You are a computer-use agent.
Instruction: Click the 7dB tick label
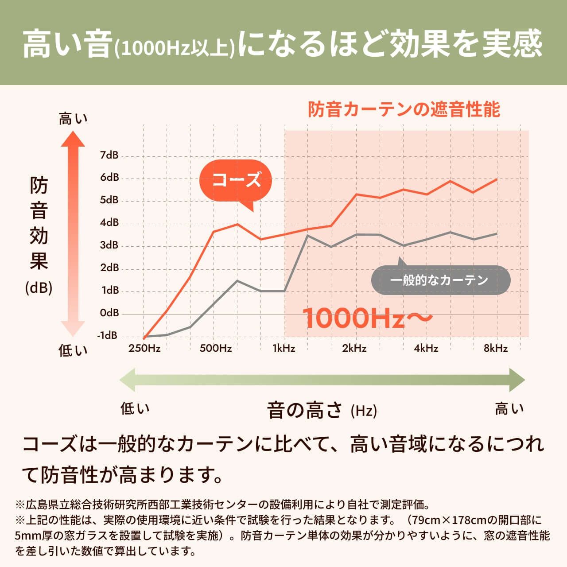(x=109, y=155)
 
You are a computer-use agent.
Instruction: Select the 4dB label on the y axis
(x=109, y=222)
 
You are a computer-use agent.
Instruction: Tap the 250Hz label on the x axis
(x=144, y=348)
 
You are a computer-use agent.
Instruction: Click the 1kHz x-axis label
(x=283, y=348)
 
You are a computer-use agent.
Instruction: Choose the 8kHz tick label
(x=496, y=348)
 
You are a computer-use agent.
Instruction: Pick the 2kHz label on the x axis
(x=354, y=348)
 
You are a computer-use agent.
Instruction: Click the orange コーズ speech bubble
(x=236, y=180)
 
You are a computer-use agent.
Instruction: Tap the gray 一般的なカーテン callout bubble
(x=440, y=280)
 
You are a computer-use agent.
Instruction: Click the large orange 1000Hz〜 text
(x=367, y=318)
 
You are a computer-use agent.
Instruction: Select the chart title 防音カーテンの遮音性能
(x=404, y=109)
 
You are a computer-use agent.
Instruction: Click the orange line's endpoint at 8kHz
(x=497, y=179)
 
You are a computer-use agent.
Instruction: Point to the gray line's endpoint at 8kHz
(x=497, y=233)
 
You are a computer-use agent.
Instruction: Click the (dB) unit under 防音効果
(x=39, y=288)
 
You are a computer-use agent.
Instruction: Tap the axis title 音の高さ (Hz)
(x=322, y=410)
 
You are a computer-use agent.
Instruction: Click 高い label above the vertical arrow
(x=73, y=119)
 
